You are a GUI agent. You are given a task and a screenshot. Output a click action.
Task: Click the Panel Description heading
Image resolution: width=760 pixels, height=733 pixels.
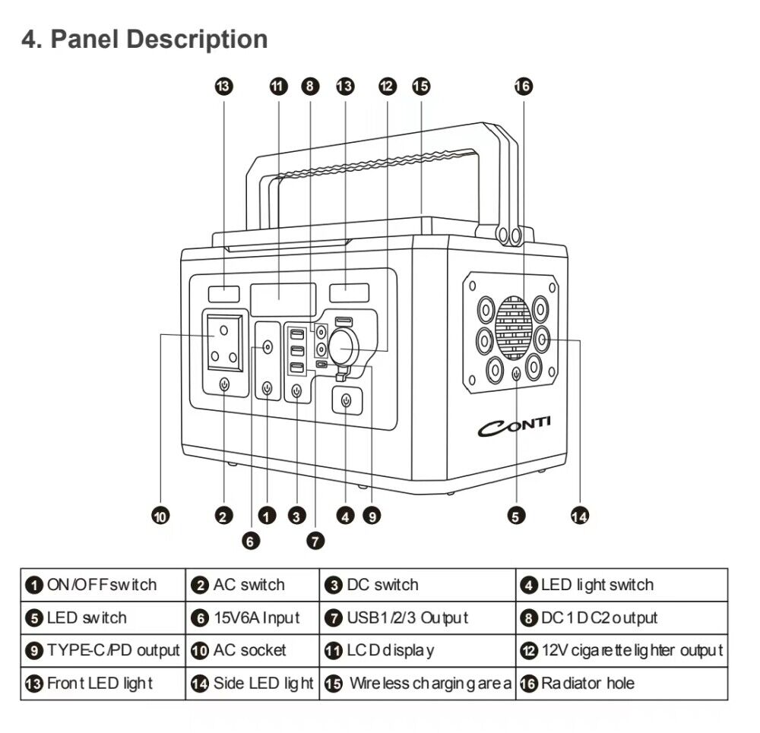point(144,39)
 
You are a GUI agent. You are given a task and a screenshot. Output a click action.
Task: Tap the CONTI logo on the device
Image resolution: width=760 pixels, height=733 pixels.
point(515,427)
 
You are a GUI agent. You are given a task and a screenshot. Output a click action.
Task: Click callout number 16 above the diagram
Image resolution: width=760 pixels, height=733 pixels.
point(524,86)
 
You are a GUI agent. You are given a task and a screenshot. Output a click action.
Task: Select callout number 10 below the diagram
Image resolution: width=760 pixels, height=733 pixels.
point(160,517)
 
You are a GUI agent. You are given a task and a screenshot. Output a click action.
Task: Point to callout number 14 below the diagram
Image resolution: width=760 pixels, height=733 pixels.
point(579,517)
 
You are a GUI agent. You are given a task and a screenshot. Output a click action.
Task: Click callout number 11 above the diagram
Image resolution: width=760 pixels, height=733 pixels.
point(279,86)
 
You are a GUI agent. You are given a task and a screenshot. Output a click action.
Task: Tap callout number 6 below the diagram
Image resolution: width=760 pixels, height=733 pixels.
point(251,541)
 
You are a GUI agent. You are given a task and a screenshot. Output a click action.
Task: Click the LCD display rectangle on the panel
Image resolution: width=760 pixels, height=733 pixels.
point(283,299)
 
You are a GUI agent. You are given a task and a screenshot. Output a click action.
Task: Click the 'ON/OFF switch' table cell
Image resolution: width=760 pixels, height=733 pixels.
point(103,585)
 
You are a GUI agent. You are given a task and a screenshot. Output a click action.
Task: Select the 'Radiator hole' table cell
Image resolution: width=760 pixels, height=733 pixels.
point(622,683)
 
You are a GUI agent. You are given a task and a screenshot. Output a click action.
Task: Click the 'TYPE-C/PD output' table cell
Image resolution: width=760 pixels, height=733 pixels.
point(103,650)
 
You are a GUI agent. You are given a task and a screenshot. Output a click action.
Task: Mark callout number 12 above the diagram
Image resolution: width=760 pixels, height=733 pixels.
point(387,86)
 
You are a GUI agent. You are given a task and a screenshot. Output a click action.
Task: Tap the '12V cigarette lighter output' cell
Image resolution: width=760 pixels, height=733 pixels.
point(622,650)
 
